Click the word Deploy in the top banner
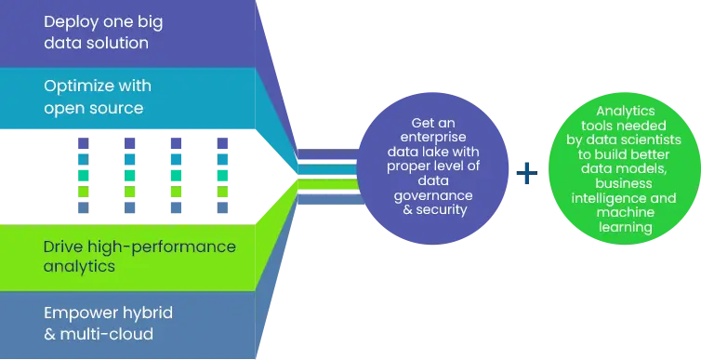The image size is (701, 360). click(70, 20)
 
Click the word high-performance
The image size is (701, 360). click(161, 247)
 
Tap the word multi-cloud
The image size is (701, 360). click(106, 334)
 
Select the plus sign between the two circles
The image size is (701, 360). click(528, 173)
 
